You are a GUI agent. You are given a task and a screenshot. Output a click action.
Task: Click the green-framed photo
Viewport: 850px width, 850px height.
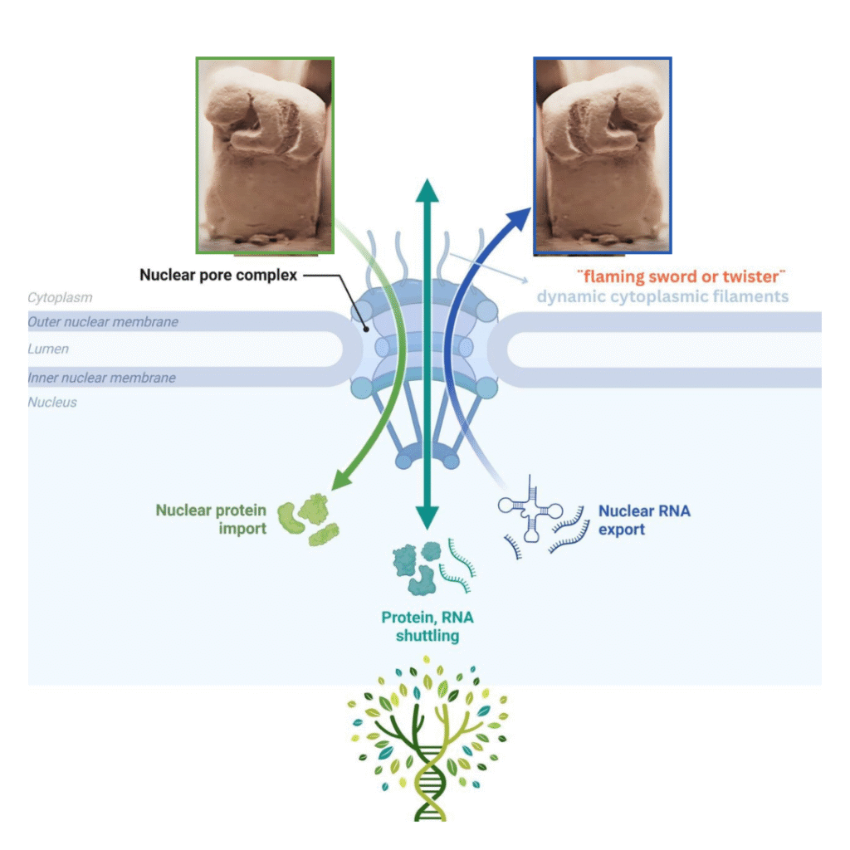(x=265, y=155)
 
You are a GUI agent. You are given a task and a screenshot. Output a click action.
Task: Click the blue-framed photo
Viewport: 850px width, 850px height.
(x=602, y=155)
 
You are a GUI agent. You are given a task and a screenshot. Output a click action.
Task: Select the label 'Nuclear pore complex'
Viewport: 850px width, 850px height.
(x=218, y=275)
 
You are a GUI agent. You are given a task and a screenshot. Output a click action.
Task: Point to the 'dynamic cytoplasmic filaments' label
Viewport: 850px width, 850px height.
(x=662, y=296)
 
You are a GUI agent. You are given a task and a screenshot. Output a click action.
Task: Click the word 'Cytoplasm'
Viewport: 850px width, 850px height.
(x=60, y=297)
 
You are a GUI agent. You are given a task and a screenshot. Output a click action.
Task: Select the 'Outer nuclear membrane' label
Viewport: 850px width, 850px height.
(x=102, y=321)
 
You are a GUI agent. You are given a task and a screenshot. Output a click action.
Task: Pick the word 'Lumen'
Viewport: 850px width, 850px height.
(x=48, y=349)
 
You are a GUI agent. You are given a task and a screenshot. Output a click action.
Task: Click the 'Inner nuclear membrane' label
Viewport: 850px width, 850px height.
(x=101, y=378)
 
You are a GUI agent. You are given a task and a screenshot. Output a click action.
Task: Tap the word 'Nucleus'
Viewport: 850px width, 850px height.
(x=51, y=403)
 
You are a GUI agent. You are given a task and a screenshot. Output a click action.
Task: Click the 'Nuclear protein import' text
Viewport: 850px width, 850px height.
(x=211, y=519)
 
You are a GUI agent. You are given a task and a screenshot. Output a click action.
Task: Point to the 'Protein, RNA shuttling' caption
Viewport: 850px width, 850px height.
(x=427, y=627)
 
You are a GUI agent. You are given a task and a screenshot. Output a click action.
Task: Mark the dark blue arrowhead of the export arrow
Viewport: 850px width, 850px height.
(x=516, y=218)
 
